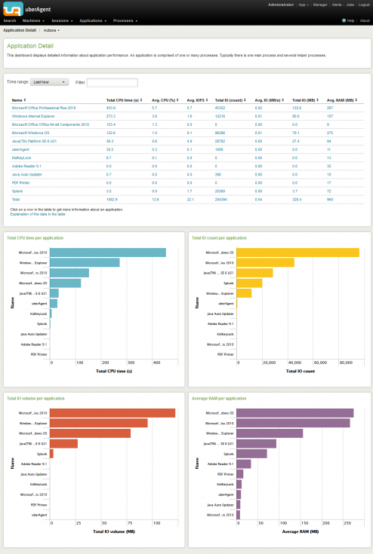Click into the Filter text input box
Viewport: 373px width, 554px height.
pyautogui.click(x=112, y=82)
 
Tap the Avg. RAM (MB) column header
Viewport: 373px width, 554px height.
pyautogui.click(x=341, y=99)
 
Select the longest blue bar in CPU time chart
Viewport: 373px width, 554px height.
pyautogui.click(x=109, y=252)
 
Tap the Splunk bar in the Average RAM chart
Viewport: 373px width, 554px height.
pyautogui.click(x=251, y=453)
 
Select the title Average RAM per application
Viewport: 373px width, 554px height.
pyautogui.click(x=219, y=397)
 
